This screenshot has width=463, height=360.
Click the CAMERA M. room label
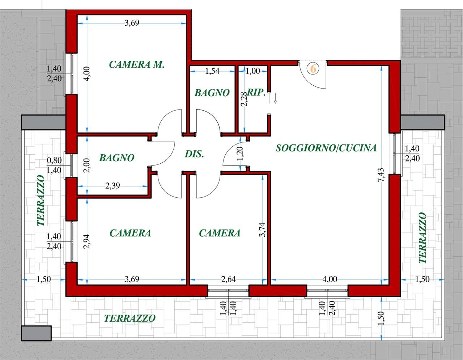click(x=137, y=64)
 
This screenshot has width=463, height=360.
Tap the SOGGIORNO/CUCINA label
click(x=326, y=148)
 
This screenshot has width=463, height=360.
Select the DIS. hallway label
click(x=194, y=154)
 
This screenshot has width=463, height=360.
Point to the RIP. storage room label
click(x=256, y=93)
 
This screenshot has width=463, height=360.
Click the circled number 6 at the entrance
click(x=313, y=69)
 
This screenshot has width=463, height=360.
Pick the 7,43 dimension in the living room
click(x=381, y=175)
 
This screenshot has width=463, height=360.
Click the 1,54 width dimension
click(x=212, y=71)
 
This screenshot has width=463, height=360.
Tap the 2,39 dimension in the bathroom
click(x=112, y=186)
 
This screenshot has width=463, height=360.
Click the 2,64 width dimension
click(x=228, y=279)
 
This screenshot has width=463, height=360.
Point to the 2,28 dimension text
click(x=245, y=99)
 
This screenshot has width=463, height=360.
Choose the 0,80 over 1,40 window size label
click(x=54, y=165)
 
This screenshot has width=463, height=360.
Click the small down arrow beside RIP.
click(x=275, y=98)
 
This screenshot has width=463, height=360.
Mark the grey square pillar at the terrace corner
click(x=36, y=333)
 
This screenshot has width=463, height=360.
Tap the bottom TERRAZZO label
click(x=130, y=318)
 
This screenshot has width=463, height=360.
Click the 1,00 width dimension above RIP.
click(x=253, y=71)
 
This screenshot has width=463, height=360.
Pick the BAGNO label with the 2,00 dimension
click(x=117, y=158)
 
